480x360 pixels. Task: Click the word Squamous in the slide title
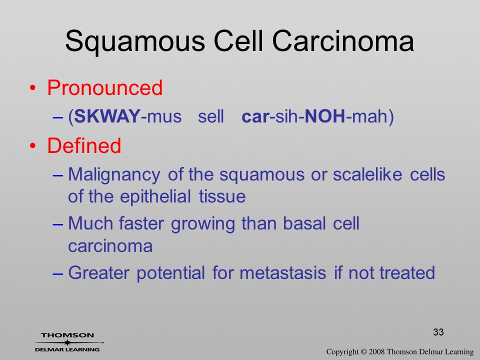pyautogui.click(x=135, y=41)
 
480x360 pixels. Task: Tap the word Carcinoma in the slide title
pyautogui.click(x=343, y=41)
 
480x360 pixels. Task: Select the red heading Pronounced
pyautogui.click(x=104, y=88)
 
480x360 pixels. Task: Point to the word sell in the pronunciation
pyautogui.click(x=211, y=116)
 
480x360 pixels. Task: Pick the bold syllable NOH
pyautogui.click(x=325, y=116)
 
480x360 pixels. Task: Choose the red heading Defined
pyautogui.click(x=84, y=145)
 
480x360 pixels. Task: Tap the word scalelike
pyautogui.click(x=367, y=174)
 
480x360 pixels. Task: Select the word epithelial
pyautogui.click(x=155, y=197)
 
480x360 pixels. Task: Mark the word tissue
pyautogui.click(x=222, y=196)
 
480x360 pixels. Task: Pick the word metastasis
pyautogui.click(x=282, y=272)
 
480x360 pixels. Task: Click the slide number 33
pyautogui.click(x=438, y=332)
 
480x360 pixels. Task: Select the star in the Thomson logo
pyautogui.click(x=67, y=342)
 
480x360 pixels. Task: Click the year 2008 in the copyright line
pyautogui.click(x=376, y=351)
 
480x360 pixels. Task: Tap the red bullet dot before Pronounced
pyautogui.click(x=33, y=88)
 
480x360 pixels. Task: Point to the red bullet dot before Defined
pyautogui.click(x=33, y=145)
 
